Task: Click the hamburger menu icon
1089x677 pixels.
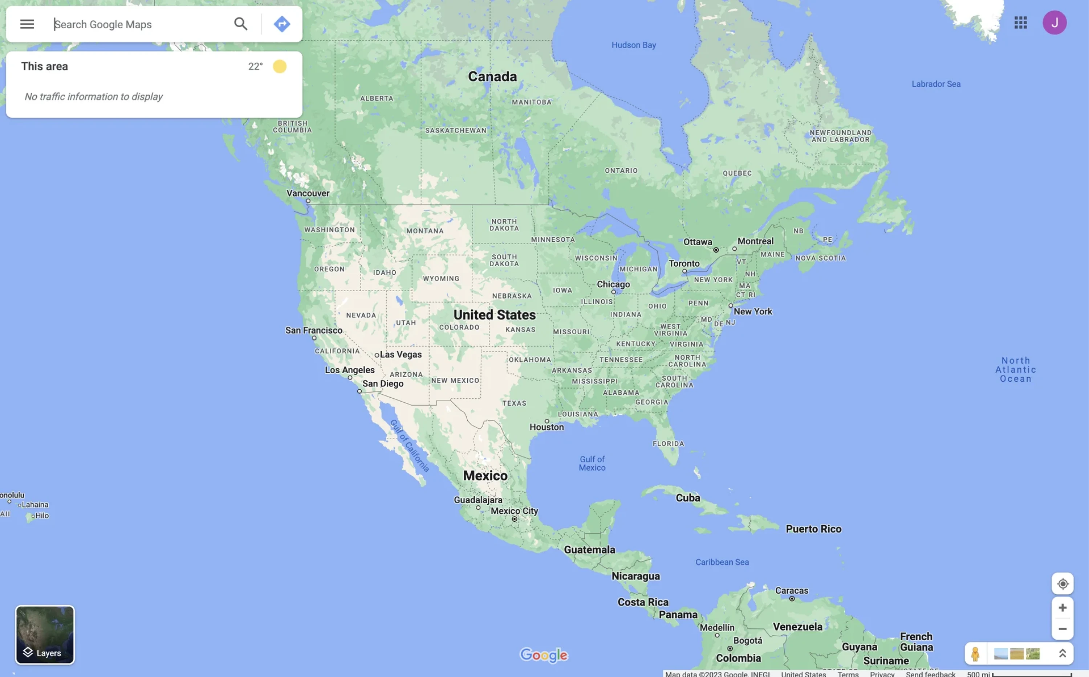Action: point(27,24)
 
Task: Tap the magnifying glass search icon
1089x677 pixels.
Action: point(241,24)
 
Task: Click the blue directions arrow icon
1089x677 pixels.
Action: point(281,24)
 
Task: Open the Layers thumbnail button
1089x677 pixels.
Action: point(45,635)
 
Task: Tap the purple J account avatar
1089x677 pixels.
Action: point(1054,23)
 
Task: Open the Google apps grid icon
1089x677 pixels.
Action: point(1020,23)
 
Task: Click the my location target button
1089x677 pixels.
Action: point(1062,584)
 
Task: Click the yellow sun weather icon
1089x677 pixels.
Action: point(280,67)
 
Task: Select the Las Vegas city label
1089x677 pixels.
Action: point(401,354)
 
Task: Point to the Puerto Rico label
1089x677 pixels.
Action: point(813,529)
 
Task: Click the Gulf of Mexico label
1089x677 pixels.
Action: point(592,463)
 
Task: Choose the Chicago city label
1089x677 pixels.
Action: point(613,284)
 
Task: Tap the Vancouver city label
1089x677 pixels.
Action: point(308,193)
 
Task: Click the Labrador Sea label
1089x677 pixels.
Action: point(936,84)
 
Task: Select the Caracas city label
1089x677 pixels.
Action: point(792,591)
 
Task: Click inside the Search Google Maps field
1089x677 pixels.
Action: point(134,25)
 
